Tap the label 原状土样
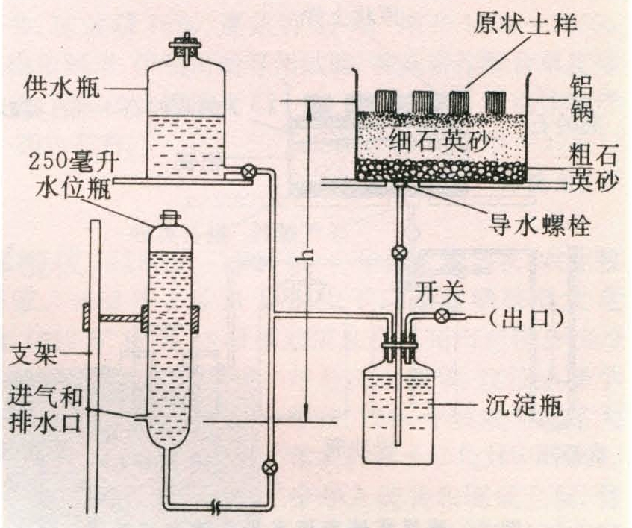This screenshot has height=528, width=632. click(525, 23)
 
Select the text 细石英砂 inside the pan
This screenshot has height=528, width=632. click(440, 141)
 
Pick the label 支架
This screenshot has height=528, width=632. click(33, 354)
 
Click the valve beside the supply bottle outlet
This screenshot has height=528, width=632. click(246, 172)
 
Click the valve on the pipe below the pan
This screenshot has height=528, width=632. click(399, 253)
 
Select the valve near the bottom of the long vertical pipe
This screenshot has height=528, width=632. click(269, 467)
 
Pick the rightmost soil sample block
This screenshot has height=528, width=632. click(495, 103)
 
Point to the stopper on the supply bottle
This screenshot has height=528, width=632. click(186, 48)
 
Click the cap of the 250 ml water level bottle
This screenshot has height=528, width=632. click(170, 218)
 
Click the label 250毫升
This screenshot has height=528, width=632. click(74, 162)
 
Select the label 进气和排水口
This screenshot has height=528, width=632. click(45, 409)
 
